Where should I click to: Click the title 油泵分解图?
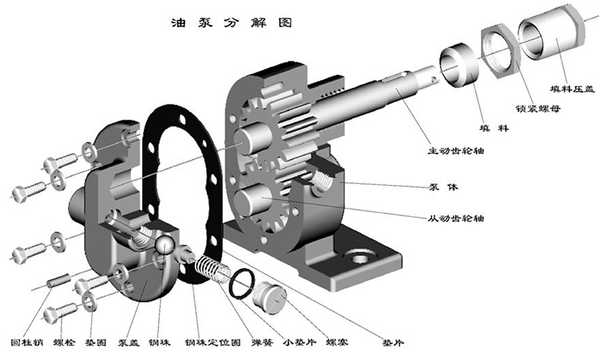[232, 22]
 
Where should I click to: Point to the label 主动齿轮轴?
[455, 149]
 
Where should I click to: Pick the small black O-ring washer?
[244, 283]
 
